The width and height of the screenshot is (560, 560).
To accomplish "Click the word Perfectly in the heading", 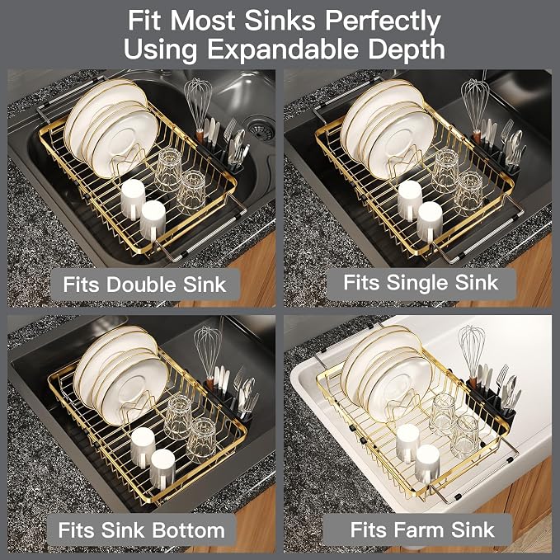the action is (x=383, y=21).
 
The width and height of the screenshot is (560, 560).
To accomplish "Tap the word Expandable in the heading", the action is (x=283, y=49).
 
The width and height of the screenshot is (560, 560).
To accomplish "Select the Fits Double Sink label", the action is (x=144, y=285).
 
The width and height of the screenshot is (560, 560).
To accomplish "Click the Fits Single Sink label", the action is (x=421, y=283).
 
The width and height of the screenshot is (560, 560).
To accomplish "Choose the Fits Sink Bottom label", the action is (x=142, y=530).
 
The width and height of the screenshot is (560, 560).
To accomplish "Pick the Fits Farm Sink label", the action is (x=422, y=529).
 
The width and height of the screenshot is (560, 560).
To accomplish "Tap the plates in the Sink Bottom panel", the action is (x=120, y=375).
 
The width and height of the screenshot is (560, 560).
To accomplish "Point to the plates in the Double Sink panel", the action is (x=111, y=128).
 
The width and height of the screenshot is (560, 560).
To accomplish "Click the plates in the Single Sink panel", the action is (x=387, y=129).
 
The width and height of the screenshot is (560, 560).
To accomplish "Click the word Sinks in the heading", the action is (x=280, y=21).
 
